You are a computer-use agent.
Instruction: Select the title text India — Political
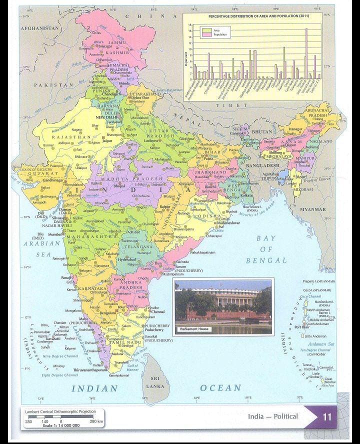[272, 416]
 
